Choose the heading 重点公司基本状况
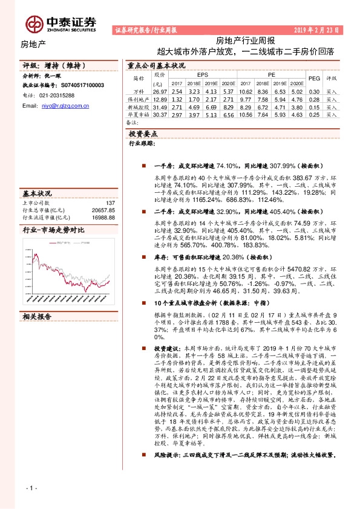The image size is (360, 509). click(x=156, y=65)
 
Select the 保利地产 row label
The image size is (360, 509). click(x=139, y=99)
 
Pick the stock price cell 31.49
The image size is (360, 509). click(x=160, y=106)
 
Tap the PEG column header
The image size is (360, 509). click(x=314, y=79)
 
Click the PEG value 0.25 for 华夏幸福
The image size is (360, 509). click(x=314, y=115)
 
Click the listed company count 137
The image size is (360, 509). click(x=110, y=204)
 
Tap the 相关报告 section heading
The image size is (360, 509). click(x=38, y=316)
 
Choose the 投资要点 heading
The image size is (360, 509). click(x=144, y=133)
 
